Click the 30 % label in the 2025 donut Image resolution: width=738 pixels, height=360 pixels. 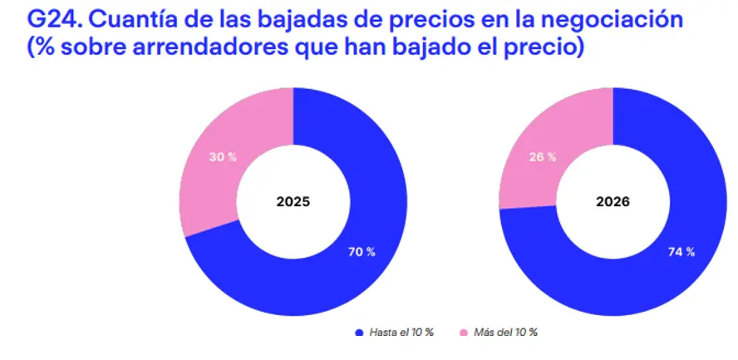click(223, 157)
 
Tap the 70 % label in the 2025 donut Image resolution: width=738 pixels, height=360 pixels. click(362, 252)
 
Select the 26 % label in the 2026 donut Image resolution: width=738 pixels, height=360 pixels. click(542, 157)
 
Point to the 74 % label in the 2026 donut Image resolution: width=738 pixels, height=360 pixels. click(681, 252)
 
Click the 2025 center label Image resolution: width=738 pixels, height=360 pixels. click(293, 202)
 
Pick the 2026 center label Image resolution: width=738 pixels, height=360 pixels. click(613, 202)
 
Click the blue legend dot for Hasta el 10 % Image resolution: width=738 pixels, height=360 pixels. click(360, 333)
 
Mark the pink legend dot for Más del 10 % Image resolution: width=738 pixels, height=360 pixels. click(464, 333)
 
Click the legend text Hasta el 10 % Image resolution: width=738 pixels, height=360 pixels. click(401, 333)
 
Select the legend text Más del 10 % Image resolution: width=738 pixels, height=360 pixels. click(505, 333)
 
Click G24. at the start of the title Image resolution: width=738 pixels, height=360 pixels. click(55, 20)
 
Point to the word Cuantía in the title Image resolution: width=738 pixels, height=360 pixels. click(132, 20)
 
